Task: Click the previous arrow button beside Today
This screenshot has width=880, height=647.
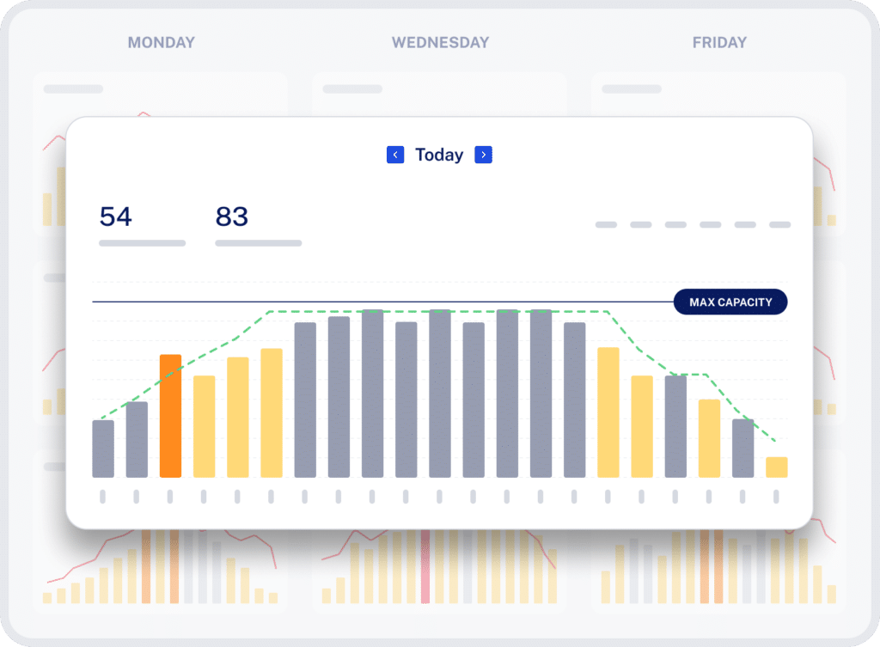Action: [x=395, y=155]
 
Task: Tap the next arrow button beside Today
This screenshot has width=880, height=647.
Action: [x=484, y=155]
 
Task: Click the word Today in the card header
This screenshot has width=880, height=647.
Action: [x=439, y=155]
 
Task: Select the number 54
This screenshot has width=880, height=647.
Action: [x=116, y=217]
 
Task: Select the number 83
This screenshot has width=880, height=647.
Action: [x=231, y=217]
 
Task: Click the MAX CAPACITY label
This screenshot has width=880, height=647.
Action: [x=730, y=302]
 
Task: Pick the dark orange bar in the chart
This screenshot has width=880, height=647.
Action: [x=170, y=416]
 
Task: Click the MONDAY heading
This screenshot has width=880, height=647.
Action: [x=162, y=42]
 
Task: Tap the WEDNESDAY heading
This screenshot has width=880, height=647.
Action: [x=440, y=42]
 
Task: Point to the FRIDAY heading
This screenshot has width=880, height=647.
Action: [x=719, y=42]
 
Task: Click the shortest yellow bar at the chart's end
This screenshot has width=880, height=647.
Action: [x=776, y=467]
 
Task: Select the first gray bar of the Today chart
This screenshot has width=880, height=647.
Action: [x=103, y=449]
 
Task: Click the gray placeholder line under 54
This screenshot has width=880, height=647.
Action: [x=142, y=243]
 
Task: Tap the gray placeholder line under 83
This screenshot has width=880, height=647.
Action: [x=258, y=243]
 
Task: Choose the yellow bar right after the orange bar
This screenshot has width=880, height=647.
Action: [x=205, y=426]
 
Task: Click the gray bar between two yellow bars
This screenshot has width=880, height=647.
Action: [x=675, y=426]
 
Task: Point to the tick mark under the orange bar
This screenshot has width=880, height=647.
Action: [x=170, y=496]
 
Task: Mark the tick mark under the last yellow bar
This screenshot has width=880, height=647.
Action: [x=776, y=496]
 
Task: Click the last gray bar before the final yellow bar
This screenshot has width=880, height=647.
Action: [x=742, y=448]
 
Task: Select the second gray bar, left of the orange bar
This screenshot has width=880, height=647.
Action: [x=137, y=439]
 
